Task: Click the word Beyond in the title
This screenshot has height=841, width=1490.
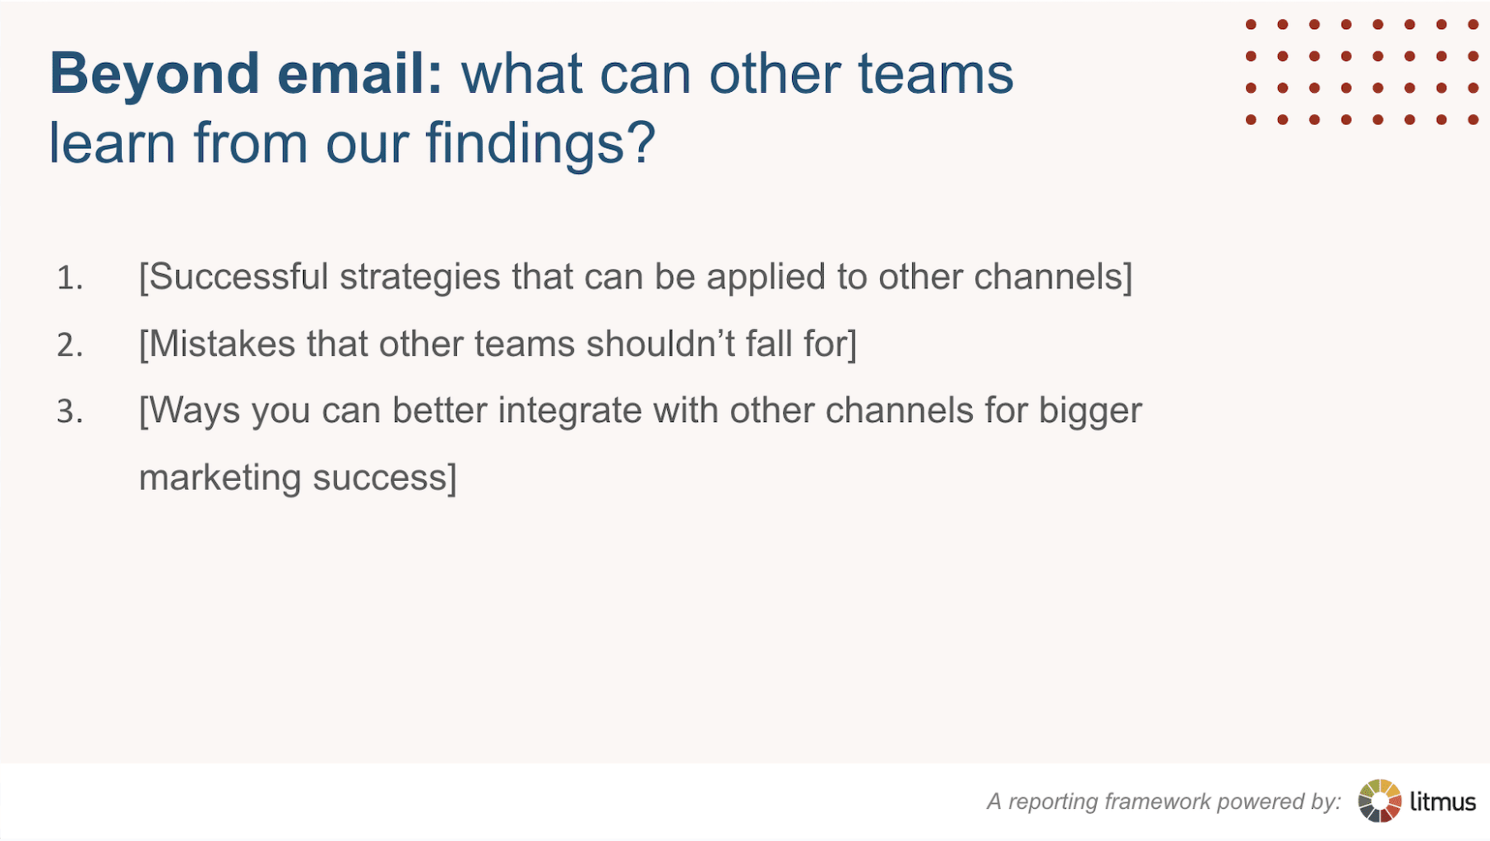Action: coord(154,74)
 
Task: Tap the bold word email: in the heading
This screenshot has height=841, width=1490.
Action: coord(360,74)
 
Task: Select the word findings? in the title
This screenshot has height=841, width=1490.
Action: coord(541,144)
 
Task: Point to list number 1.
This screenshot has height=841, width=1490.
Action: coord(70,278)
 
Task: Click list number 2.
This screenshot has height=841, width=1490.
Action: coord(70,345)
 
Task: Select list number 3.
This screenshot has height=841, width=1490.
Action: coord(70,411)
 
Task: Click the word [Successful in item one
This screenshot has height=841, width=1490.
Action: coord(233,277)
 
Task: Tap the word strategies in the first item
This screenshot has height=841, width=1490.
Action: coord(420,277)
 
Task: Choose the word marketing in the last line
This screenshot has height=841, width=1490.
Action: coord(219,478)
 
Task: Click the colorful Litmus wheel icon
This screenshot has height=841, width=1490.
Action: coord(1379,800)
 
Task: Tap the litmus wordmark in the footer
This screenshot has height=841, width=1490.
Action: coord(1443,801)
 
